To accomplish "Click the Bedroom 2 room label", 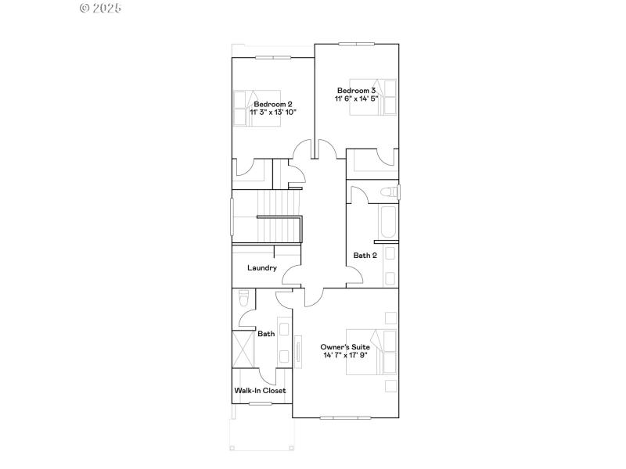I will coord(273,104).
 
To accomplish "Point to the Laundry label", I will coord(262,268).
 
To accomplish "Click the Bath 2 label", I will coord(365,255).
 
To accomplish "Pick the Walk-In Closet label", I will coord(261,390).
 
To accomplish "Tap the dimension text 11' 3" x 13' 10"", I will coord(273,113).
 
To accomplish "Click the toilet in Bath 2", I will coord(388,192).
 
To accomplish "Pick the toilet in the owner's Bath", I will coord(243,299).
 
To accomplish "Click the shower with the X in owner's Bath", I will coord(243,349).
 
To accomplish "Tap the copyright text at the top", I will coord(101,8).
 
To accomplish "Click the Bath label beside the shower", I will coord(266,334).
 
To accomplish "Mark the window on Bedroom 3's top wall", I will coord(357,44).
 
